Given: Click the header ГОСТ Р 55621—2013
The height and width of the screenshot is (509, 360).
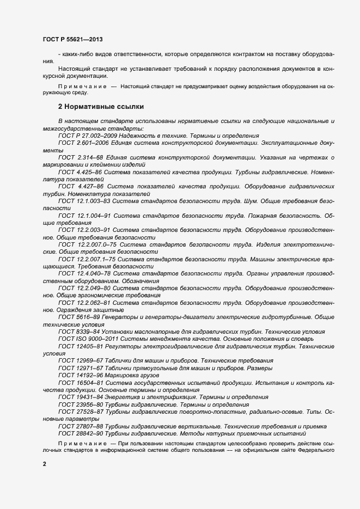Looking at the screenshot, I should pos(72,40).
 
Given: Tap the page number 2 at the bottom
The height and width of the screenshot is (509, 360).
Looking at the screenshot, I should pos(44,464).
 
